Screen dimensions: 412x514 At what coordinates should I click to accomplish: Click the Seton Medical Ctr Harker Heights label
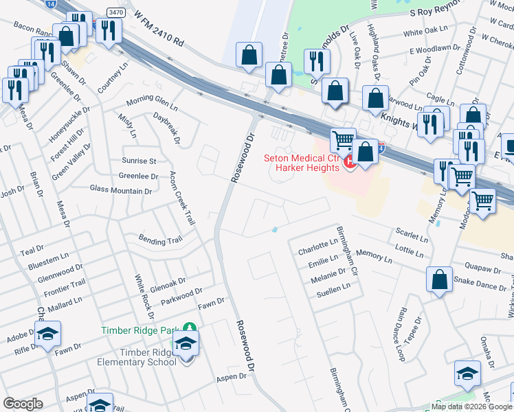click(x=303, y=163)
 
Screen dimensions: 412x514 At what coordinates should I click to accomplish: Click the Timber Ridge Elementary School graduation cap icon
click(x=186, y=342)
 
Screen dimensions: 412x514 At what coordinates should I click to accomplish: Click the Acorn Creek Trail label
click(x=181, y=198)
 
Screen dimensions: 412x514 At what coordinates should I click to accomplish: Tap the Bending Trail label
click(x=160, y=241)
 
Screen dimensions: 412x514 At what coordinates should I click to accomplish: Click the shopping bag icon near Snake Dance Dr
click(x=439, y=279)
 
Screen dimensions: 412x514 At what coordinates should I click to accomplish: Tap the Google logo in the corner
click(x=23, y=404)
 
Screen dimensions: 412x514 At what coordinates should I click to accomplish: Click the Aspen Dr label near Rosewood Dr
click(x=232, y=377)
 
